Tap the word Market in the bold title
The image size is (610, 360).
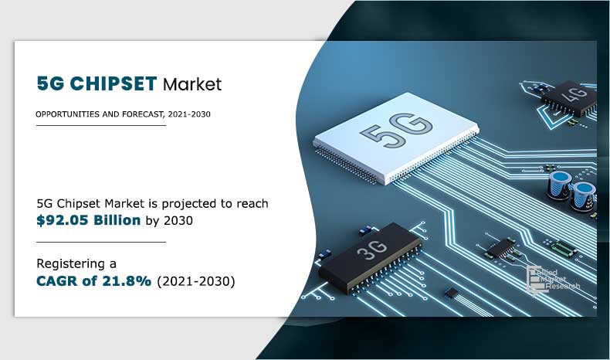[192, 83]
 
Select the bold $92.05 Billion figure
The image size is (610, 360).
[89, 220]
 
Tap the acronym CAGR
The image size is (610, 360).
[61, 281]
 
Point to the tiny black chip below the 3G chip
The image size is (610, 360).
[453, 293]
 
